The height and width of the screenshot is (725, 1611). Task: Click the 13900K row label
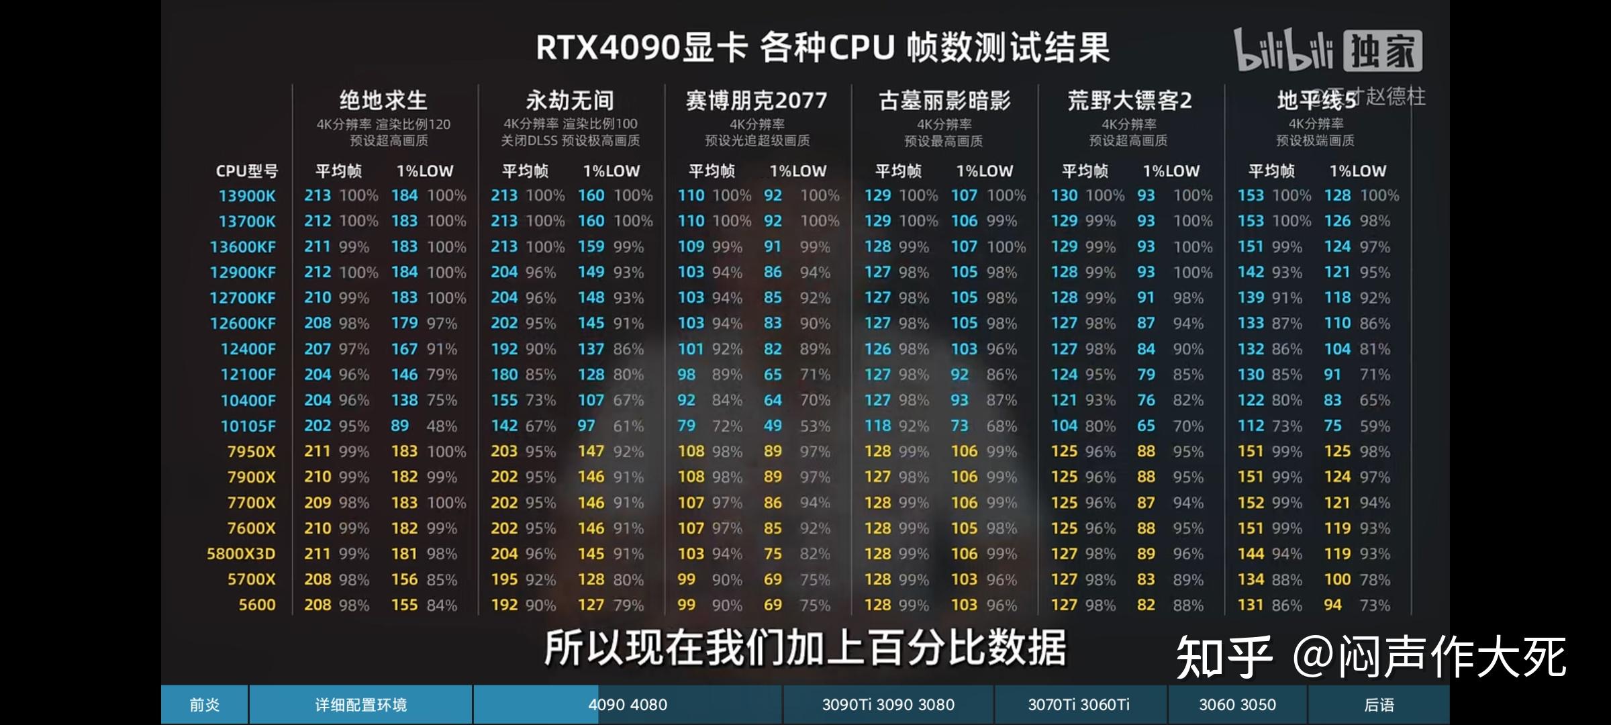click(x=247, y=196)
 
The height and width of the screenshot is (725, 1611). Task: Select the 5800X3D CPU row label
click(x=241, y=554)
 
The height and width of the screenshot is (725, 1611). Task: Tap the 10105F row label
click(x=248, y=426)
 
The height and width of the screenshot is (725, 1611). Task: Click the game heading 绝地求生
click(x=383, y=101)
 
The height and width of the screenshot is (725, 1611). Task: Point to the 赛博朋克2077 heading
click(x=756, y=101)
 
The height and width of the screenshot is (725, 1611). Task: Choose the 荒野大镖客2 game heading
click(x=1130, y=101)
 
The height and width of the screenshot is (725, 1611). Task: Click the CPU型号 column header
click(x=246, y=171)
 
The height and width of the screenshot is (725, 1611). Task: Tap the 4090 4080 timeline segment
click(x=628, y=705)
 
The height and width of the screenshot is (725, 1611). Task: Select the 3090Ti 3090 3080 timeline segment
click(x=888, y=705)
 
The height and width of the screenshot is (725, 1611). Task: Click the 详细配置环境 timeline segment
click(x=361, y=705)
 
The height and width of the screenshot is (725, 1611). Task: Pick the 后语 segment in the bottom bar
click(x=1379, y=705)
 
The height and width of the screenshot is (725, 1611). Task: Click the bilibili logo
click(x=1283, y=50)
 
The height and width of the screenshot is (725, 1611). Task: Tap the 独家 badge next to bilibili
click(x=1382, y=51)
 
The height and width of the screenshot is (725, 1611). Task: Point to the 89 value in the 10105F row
click(x=399, y=426)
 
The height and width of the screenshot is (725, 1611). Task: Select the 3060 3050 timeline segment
click(x=1237, y=705)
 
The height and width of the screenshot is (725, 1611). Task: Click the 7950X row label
click(x=251, y=452)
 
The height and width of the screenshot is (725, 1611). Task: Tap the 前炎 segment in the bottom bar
click(x=205, y=705)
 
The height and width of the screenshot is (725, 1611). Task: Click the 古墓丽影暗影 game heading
click(x=944, y=101)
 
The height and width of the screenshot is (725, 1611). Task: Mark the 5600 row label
click(x=257, y=605)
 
